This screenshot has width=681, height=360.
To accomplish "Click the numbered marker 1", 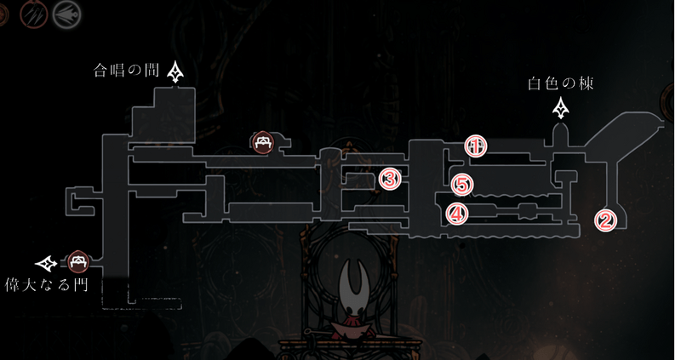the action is tap(476, 146).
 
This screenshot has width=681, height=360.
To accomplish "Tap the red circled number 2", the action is tap(605, 220).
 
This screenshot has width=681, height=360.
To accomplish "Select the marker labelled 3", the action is tap(390, 180).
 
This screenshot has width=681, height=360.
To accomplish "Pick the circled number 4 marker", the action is tap(457, 214).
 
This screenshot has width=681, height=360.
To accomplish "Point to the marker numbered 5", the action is tap(462, 186).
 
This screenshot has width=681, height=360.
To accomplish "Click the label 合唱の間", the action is tap(126, 71).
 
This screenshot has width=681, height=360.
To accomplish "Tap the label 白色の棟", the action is tap(560, 83).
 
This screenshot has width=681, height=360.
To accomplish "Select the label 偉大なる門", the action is tap(47, 284).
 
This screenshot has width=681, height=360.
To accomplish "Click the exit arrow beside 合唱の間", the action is tap(175, 71).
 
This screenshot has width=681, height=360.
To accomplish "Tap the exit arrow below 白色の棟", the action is tap(561, 108).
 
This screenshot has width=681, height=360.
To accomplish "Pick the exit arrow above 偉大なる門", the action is tap(46, 263).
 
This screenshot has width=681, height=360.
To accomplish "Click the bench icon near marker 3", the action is tap(263, 142).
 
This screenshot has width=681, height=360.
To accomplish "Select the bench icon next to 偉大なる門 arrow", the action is tap(78, 261).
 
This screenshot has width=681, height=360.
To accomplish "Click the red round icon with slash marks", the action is tap(33, 14).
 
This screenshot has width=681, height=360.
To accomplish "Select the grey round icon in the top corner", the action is tap(67, 14).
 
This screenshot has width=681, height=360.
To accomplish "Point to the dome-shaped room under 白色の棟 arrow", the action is tap(561, 134).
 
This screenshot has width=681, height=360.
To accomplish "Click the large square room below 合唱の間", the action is tap(163, 114).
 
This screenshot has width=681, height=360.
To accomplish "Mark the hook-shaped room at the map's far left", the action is tap(80, 201).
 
